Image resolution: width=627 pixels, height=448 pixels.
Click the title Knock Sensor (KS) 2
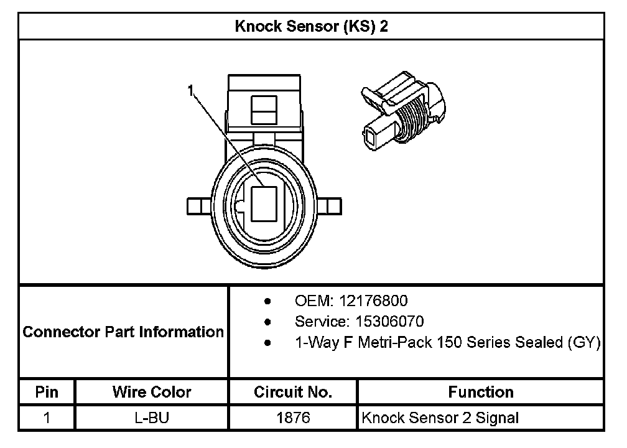(312, 27)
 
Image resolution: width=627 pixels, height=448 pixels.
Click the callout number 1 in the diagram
(192, 91)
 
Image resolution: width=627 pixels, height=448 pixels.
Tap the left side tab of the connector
(197, 205)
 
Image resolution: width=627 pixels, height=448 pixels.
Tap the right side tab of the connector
(333, 205)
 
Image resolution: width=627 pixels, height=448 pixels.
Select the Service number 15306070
(389, 322)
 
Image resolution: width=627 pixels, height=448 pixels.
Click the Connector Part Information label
(123, 332)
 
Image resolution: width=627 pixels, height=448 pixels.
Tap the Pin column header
(47, 392)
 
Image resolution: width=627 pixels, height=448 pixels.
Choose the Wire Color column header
(152, 392)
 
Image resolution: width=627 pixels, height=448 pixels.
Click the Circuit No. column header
(293, 392)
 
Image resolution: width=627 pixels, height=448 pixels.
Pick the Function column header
(480, 392)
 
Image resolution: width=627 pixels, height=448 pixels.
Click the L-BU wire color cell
(152, 418)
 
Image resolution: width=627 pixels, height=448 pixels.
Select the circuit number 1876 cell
(293, 418)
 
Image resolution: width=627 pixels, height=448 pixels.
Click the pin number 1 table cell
(47, 418)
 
